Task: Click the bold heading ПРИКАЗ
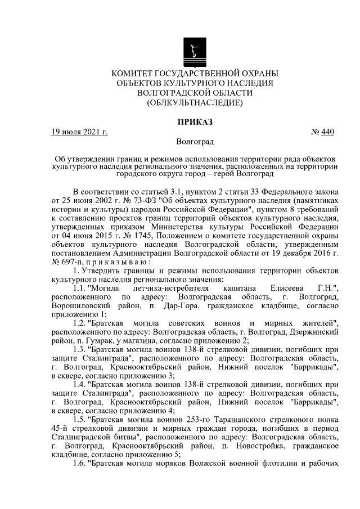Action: (195, 121)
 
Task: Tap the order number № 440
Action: (322, 133)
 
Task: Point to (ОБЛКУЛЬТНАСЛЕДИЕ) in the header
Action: (195, 103)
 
